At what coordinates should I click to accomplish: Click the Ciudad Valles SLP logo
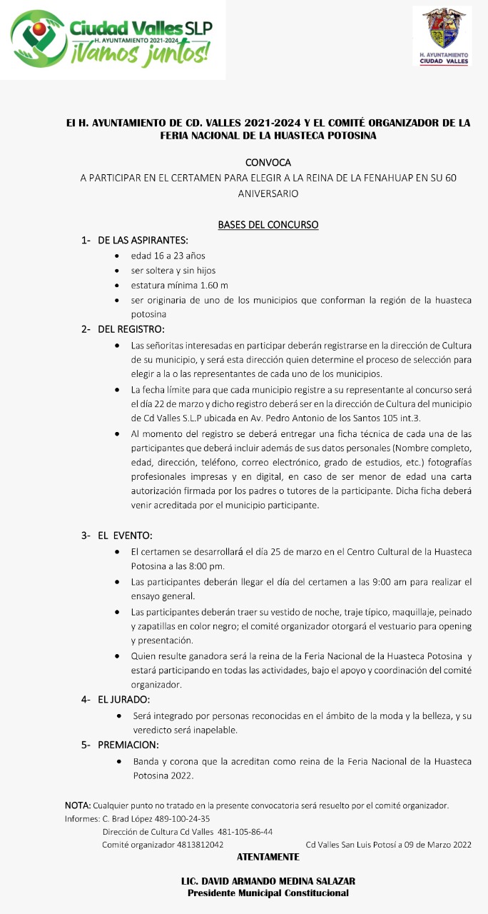point(112,39)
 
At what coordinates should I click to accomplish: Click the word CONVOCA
point(268,163)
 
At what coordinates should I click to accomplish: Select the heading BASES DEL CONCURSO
point(268,224)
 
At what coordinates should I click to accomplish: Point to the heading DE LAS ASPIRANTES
point(143,240)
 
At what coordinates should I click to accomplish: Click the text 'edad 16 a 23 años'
point(168,255)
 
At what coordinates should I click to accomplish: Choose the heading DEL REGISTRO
point(131,329)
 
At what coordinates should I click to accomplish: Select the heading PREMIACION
point(128,745)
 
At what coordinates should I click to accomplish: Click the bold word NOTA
point(77,805)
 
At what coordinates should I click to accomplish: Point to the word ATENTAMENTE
point(268,856)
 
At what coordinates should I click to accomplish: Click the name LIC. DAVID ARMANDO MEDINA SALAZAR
point(268,881)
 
